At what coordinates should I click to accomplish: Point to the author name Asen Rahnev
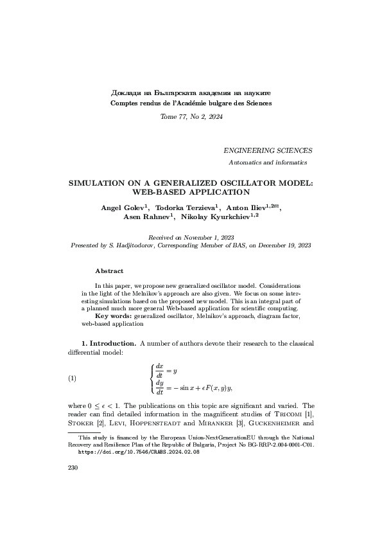tap(143, 217)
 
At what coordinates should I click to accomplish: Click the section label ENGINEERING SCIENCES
tap(268, 150)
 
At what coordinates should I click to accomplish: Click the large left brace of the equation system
tap(152, 378)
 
